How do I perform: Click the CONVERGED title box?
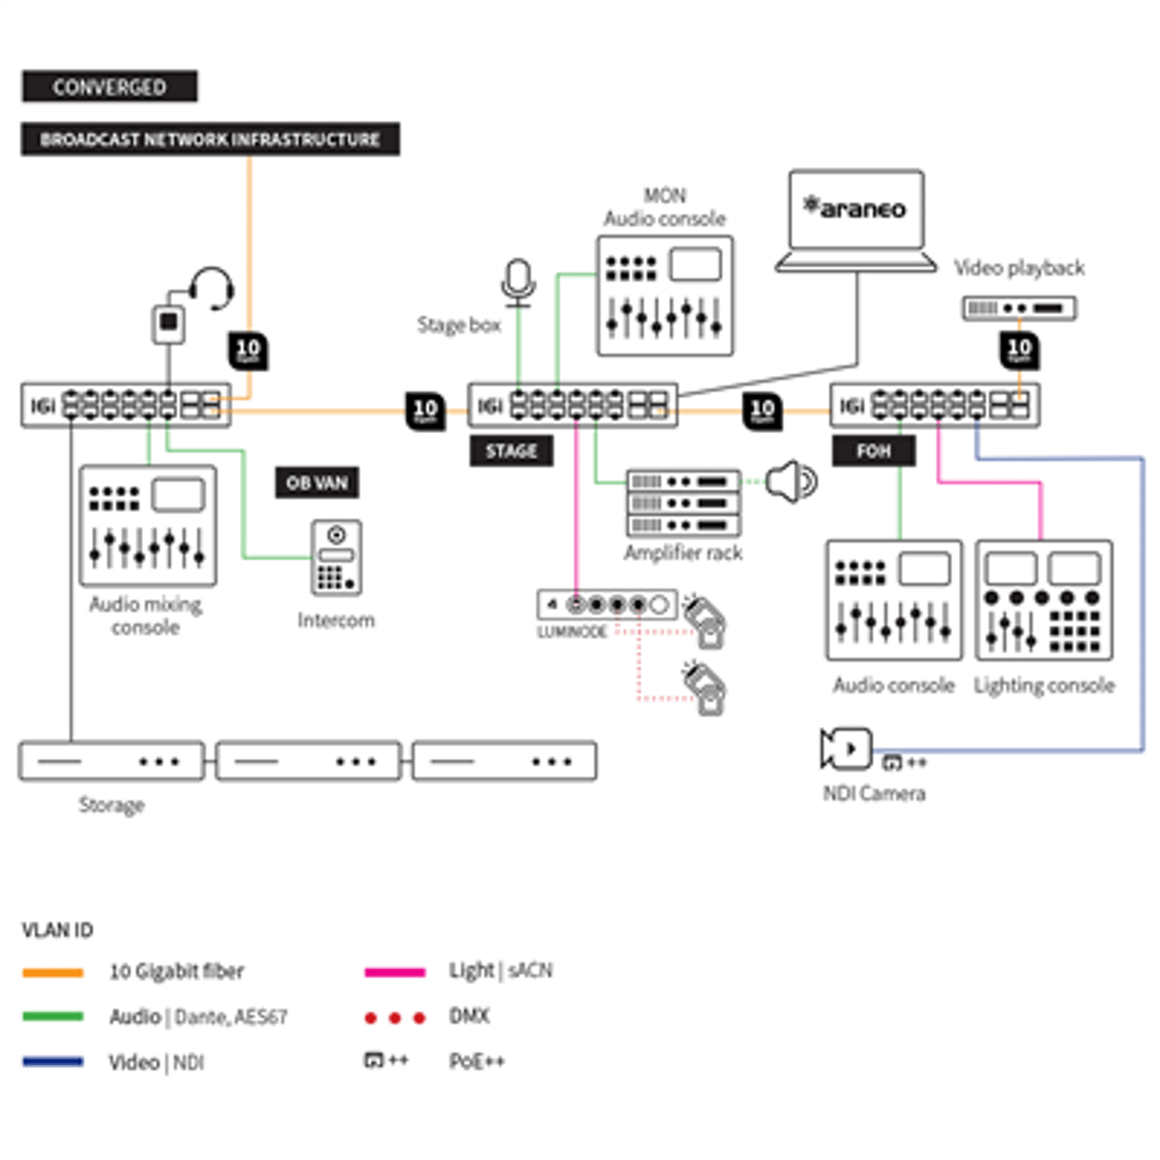[x=109, y=86]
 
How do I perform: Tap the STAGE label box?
[x=511, y=451]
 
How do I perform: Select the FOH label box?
[x=873, y=451]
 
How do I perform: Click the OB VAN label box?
[x=317, y=483]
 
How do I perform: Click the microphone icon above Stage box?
[x=518, y=281]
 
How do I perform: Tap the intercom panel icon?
[x=336, y=558]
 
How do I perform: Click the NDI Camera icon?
[x=846, y=749]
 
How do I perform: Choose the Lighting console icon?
[x=1044, y=601]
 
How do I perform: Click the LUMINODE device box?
[x=607, y=605]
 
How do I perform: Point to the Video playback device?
[x=1018, y=308]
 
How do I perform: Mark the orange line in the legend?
[x=53, y=972]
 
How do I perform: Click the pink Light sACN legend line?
[x=394, y=972]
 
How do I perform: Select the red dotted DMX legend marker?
[x=394, y=1018]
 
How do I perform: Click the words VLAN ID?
[x=57, y=930]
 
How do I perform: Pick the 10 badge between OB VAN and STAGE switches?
[x=425, y=411]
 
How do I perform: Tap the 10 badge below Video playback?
[x=1019, y=350]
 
